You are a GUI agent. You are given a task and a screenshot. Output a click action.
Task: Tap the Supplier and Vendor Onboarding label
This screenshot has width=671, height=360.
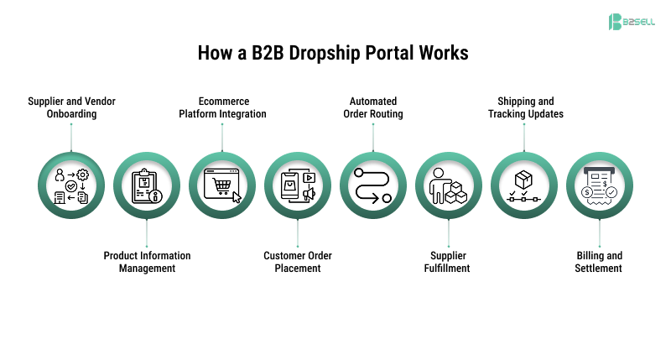[70, 107]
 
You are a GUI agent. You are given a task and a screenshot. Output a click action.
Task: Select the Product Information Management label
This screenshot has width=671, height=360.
[147, 262]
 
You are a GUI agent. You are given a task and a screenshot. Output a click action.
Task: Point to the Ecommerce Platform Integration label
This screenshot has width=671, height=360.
[222, 107]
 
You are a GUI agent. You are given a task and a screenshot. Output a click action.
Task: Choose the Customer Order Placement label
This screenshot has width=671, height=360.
[298, 262]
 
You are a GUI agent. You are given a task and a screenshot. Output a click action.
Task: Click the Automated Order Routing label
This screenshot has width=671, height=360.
[373, 107]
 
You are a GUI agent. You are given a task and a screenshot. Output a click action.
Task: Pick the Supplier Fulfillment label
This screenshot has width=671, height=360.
[449, 262]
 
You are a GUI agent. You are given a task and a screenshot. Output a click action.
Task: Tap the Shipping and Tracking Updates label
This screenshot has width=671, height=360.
[525, 107]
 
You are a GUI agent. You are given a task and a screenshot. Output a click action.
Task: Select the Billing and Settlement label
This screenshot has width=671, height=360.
[599, 262]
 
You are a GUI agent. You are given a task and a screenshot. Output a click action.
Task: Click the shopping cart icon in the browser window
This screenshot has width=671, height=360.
[222, 185]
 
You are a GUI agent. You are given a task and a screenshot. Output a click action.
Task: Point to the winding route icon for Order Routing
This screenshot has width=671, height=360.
[373, 185]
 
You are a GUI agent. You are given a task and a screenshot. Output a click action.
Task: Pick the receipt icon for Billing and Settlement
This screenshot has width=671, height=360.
[600, 185]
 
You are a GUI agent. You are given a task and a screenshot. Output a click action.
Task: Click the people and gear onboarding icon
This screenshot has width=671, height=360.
[71, 185]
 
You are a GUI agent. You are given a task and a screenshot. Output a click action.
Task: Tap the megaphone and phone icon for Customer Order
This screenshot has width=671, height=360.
[298, 185]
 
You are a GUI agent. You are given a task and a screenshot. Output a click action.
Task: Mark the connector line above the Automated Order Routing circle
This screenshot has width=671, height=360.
[373, 138]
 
